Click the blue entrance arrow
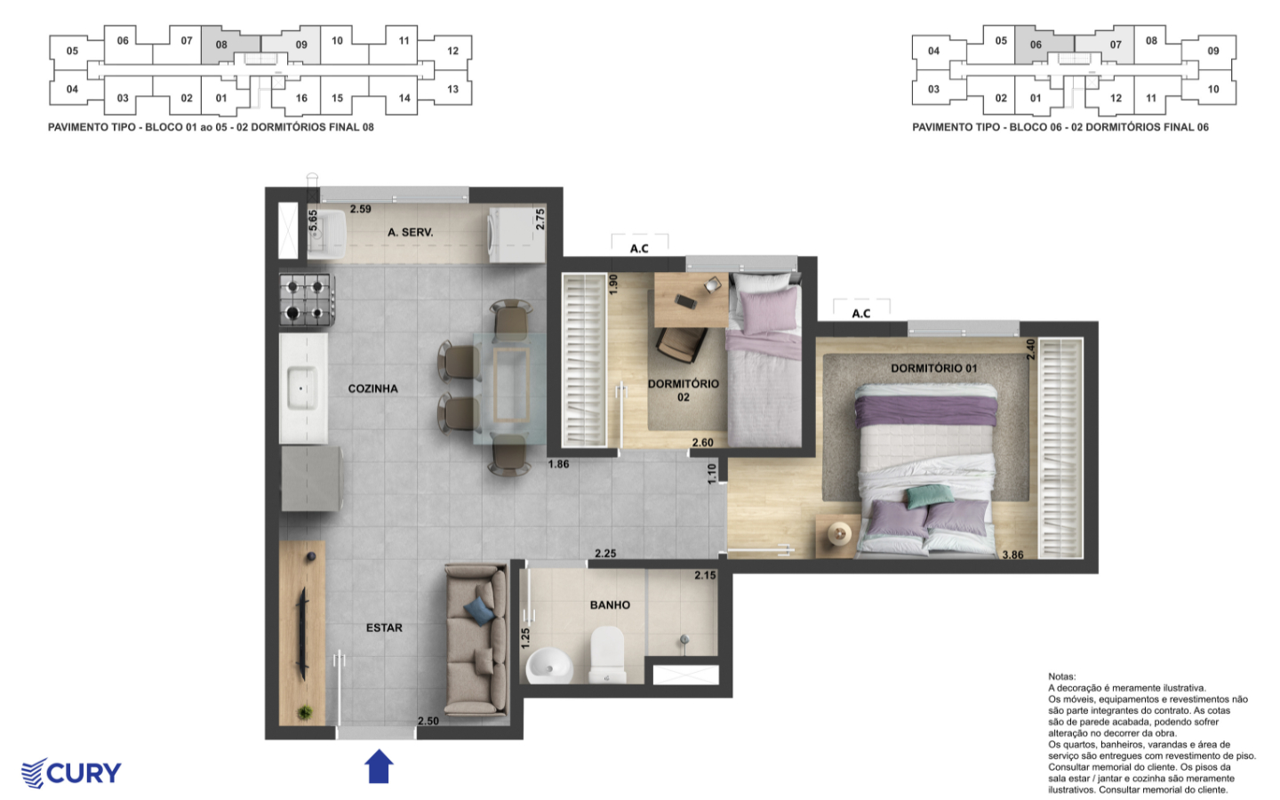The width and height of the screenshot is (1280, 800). [380, 766]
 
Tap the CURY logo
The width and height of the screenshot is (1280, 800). [71, 772]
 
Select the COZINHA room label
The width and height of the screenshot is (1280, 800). [372, 388]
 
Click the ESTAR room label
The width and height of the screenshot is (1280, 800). [384, 628]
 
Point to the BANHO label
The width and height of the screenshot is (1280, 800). [610, 604]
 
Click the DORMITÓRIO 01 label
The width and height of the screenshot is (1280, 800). [933, 368]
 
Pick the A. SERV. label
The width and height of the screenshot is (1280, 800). [410, 232]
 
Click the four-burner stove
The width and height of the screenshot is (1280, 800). [307, 300]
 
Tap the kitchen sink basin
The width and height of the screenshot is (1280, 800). [301, 388]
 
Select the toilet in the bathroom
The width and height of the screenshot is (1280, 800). [608, 654]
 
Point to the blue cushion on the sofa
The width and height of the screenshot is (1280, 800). [479, 610]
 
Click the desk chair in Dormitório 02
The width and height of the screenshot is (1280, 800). [681, 344]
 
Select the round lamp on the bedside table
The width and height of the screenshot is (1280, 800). [838, 533]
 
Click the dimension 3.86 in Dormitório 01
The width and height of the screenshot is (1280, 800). [1012, 555]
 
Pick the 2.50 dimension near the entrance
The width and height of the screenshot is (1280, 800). [428, 721]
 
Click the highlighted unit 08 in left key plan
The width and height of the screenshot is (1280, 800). [221, 44]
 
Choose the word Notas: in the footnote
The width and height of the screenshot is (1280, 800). [1061, 676]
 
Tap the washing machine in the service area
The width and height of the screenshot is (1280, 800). [514, 235]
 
